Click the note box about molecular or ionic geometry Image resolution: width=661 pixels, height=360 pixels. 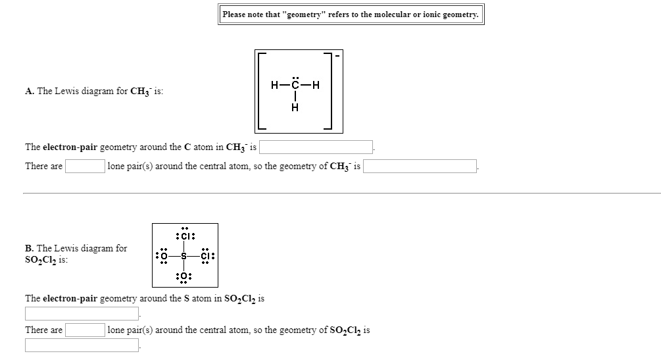351,14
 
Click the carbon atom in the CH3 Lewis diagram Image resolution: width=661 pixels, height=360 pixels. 295,85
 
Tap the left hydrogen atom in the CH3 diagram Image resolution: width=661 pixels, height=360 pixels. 274,85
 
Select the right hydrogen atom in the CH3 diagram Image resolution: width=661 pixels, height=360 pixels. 316,85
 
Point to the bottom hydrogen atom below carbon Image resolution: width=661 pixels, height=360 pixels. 295,108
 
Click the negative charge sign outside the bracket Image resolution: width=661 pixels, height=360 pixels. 338,55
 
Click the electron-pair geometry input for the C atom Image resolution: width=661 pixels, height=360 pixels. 319,147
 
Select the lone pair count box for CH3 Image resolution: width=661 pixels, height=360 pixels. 85,166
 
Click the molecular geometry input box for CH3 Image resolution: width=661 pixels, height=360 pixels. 420,166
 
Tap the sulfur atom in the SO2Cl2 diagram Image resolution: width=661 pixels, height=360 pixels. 184,255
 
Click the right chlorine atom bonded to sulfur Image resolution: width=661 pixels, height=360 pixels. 206,255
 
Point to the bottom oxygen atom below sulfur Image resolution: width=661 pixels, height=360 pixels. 184,276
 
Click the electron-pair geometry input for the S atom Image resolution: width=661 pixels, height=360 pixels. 82,313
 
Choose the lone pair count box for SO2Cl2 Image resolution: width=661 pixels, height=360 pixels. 85,330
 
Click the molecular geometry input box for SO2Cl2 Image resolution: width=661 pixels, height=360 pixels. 82,345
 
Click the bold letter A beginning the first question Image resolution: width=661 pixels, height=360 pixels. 29,91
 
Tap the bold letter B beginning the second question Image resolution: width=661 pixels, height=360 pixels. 29,248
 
